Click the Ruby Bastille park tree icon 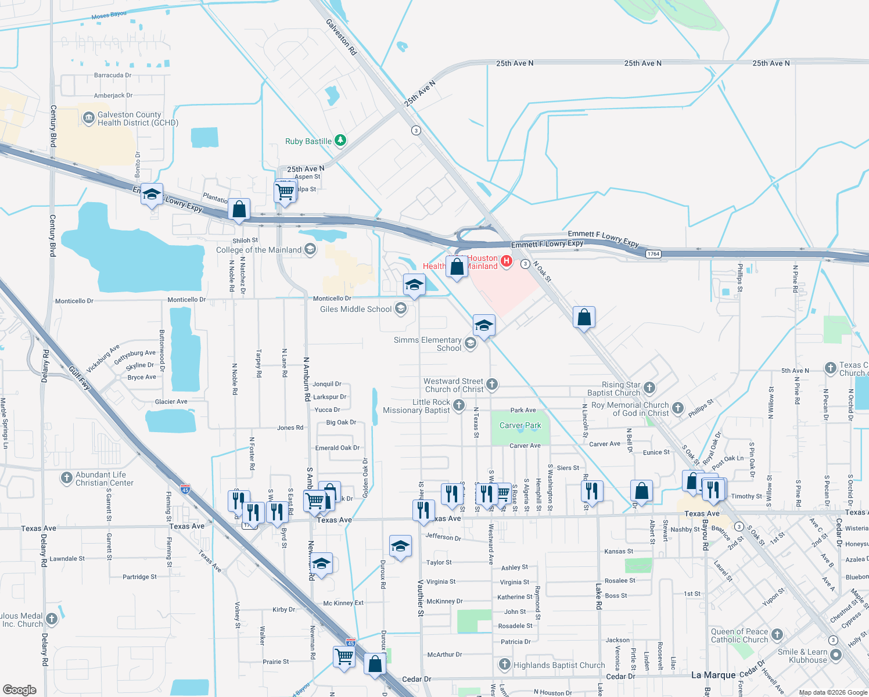pyautogui.click(x=340, y=141)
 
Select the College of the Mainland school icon pyautogui.click(x=310, y=250)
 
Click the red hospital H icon pyautogui.click(x=507, y=261)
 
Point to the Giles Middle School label pyautogui.click(x=355, y=309)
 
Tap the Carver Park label pyautogui.click(x=520, y=425)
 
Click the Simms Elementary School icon pyautogui.click(x=471, y=344)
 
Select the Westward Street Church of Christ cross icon pyautogui.click(x=491, y=384)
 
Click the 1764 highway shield pyautogui.click(x=653, y=254)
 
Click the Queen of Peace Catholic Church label pyautogui.click(x=739, y=635)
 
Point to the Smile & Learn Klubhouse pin pyautogui.click(x=835, y=655)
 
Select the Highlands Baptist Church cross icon pyautogui.click(x=504, y=664)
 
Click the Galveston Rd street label pyautogui.click(x=341, y=37)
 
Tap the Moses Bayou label pyautogui.click(x=109, y=15)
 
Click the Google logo pyautogui.click(x=19, y=689)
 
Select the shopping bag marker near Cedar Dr pyautogui.click(x=375, y=664)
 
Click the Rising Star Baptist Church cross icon pyautogui.click(x=649, y=387)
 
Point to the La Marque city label pyautogui.click(x=713, y=675)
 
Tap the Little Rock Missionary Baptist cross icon pyautogui.click(x=459, y=405)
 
